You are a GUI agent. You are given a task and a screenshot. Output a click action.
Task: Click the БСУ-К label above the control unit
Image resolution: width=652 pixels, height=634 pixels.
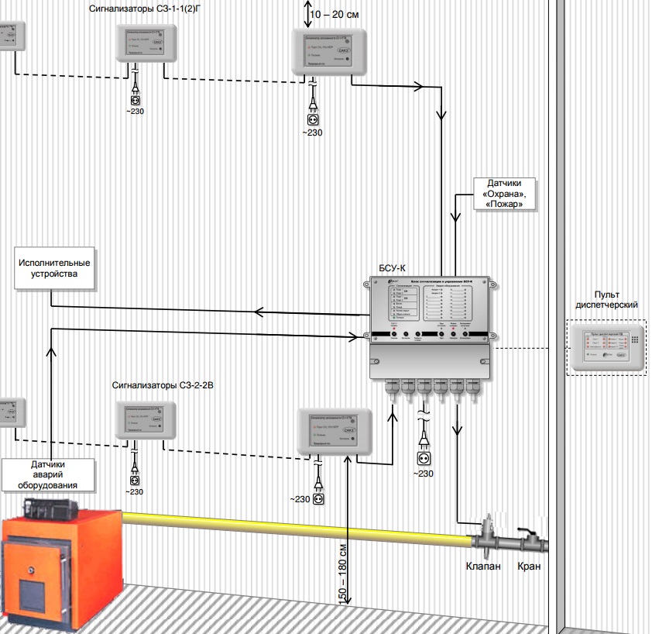point(392,268)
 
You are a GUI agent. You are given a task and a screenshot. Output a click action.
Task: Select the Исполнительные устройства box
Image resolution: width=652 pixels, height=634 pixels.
point(54,268)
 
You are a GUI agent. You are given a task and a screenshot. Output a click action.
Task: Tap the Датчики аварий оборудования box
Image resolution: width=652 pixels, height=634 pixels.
point(49,474)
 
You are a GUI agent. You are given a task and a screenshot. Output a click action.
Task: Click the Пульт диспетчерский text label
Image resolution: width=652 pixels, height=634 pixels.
point(606,299)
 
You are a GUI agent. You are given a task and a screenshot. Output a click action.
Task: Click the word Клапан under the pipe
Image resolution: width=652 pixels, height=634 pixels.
point(483,567)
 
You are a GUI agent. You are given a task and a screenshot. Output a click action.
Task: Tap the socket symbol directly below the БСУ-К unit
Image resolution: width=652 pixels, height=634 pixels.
point(423,457)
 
